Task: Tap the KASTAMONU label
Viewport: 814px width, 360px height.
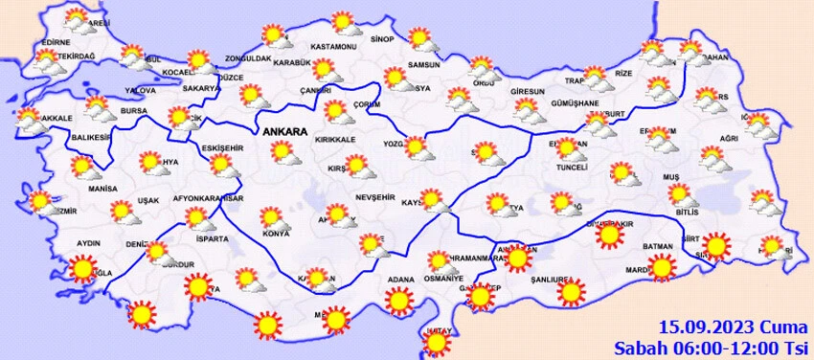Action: click(x=334, y=47)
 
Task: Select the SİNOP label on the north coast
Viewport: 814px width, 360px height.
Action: click(x=382, y=39)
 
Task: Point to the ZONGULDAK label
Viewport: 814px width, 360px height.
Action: click(x=248, y=57)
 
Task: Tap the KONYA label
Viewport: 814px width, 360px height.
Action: click(x=276, y=234)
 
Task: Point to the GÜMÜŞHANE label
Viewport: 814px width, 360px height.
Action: click(x=575, y=103)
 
